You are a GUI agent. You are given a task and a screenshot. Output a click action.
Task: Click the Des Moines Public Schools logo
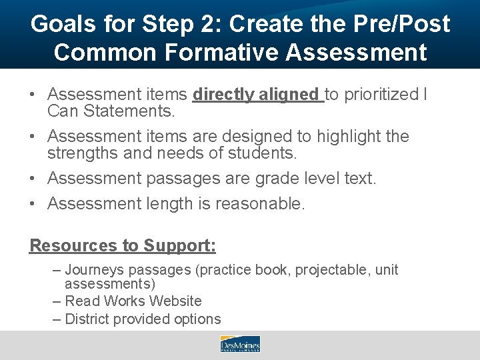(x=239, y=344)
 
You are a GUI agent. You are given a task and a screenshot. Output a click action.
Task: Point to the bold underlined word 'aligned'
(x=291, y=95)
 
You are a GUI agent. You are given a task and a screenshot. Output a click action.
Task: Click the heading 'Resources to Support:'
(x=123, y=245)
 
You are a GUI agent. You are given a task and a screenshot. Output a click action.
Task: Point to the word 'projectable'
(x=331, y=270)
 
